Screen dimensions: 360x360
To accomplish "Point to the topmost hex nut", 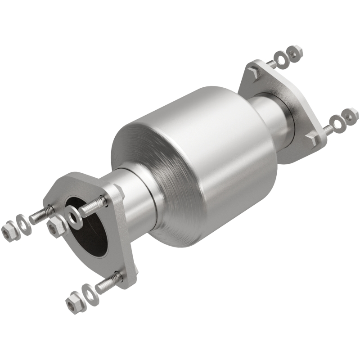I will point(295,53).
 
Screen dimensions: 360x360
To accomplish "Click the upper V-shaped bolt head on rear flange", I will point(254,72).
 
